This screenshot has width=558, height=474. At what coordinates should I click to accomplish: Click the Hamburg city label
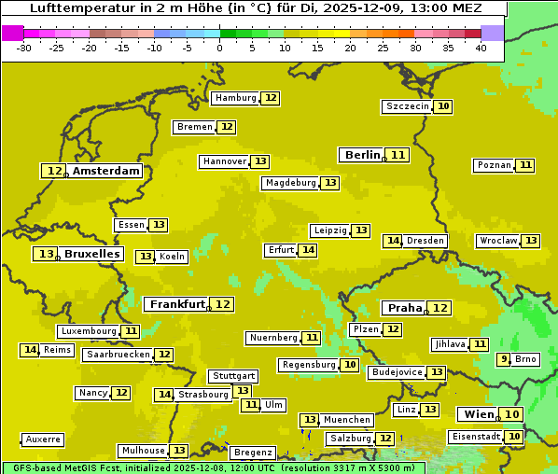tap(235, 98)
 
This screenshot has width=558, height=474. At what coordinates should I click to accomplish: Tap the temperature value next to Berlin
tap(398, 155)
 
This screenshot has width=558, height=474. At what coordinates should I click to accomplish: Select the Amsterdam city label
tap(106, 171)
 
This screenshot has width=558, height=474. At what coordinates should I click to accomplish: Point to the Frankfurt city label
tap(177, 304)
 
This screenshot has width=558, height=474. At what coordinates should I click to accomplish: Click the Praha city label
tap(405, 308)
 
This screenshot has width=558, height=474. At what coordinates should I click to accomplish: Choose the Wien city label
tap(478, 414)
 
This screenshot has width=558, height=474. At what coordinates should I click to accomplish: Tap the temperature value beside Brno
tap(504, 359)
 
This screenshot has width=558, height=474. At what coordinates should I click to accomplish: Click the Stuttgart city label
tap(232, 376)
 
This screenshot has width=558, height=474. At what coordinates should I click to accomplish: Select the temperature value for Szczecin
tap(444, 106)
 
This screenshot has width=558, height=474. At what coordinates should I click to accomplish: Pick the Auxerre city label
tap(44, 439)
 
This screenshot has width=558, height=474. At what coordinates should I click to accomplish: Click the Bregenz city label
tap(252, 453)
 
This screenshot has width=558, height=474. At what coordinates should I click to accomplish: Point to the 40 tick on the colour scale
tap(481, 48)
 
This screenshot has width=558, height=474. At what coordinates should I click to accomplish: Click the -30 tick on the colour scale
tap(24, 48)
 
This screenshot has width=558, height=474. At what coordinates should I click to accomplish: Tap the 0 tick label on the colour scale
tap(220, 48)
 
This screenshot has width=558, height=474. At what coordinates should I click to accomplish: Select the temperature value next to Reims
tap(30, 350)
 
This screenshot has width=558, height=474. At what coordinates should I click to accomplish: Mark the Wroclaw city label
tap(498, 241)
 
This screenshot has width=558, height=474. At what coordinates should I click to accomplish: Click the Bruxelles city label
tap(92, 254)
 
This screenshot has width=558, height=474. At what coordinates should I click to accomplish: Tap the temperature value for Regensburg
tap(350, 365)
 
